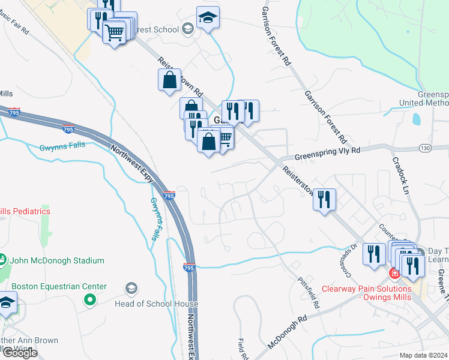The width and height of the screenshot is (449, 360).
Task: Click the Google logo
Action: (19, 353)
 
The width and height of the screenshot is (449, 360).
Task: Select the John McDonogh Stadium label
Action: (56, 261)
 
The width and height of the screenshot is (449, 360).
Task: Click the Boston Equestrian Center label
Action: (59, 287)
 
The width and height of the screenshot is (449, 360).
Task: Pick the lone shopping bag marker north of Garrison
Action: (170, 79)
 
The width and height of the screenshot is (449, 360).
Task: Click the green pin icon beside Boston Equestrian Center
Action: (90, 299)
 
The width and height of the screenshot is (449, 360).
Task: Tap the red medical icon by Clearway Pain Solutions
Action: (394, 275)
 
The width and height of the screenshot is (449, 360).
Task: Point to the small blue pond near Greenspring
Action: (415, 120)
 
